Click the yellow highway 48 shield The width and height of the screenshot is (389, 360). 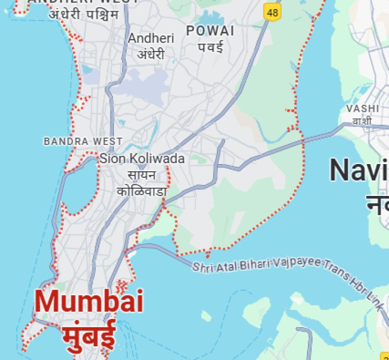click(273, 12)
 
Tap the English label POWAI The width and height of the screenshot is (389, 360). click(210, 31)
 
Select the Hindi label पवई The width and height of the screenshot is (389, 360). click(210, 47)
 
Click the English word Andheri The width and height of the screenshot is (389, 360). click(151, 38)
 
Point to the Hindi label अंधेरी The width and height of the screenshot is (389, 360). click(151, 53)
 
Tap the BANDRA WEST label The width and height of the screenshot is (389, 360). click(83, 141)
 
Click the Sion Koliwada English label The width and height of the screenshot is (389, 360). click(142, 158)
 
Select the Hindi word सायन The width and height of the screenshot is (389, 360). click(142, 175)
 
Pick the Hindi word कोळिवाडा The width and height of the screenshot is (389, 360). click(142, 191)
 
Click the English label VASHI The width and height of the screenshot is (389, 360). click(363, 108)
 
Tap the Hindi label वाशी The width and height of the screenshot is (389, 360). click(363, 122)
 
